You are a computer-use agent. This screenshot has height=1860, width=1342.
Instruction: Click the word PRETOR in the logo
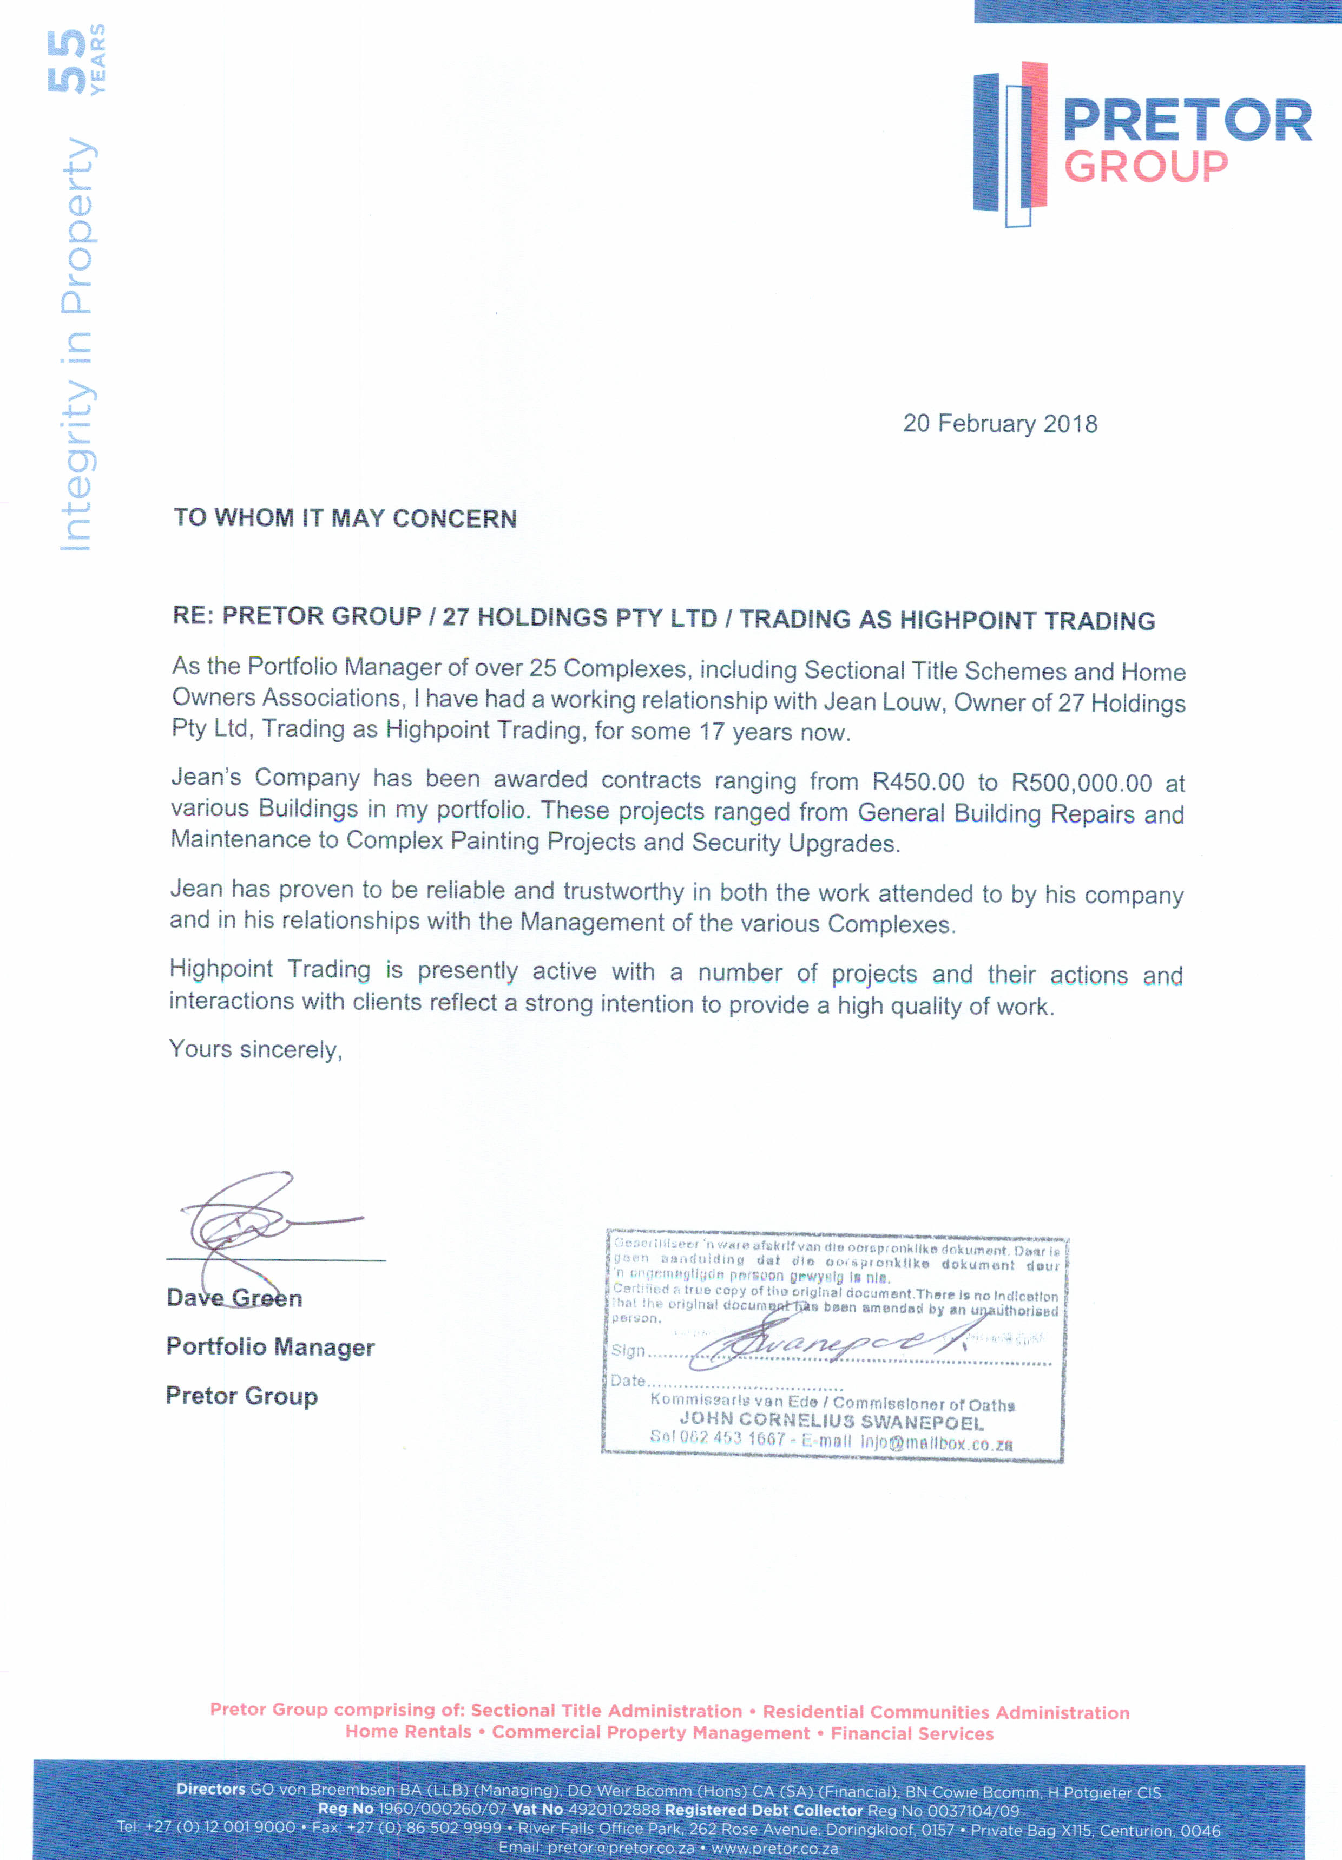[x=1187, y=121]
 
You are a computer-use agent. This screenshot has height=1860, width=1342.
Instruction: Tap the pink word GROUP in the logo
[x=1146, y=167]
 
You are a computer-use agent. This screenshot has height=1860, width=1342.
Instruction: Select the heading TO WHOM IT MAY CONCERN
[x=345, y=518]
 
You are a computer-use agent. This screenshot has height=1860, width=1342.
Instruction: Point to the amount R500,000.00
[x=1081, y=783]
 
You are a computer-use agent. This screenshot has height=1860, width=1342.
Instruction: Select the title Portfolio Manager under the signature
[x=270, y=1346]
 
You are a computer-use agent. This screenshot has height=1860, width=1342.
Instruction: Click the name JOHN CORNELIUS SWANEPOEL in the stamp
[x=831, y=1421]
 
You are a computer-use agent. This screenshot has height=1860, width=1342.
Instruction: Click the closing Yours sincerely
[x=255, y=1050]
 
